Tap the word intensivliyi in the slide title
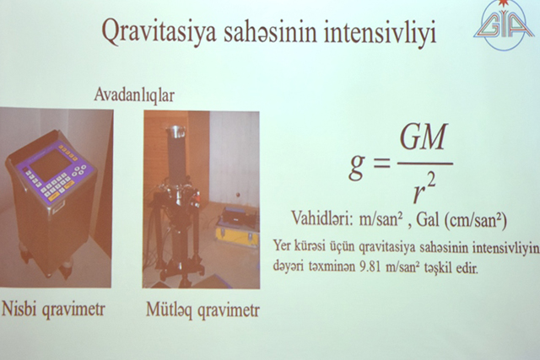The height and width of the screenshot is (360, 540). pyautogui.click(x=376, y=35)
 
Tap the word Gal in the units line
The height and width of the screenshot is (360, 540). pyautogui.click(x=425, y=219)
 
